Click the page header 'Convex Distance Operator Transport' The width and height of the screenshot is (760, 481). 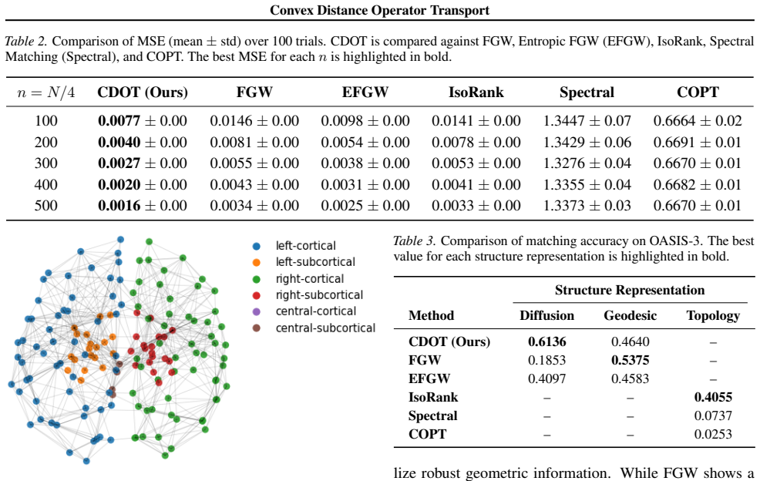coord(379,10)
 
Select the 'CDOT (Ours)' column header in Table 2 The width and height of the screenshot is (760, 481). coord(143,92)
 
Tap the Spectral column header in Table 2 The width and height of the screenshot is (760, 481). coord(587,92)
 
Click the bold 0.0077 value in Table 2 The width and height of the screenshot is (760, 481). coord(119,120)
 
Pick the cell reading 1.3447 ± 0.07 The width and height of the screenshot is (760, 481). coord(587,120)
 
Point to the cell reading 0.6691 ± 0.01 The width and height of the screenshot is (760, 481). coord(698,142)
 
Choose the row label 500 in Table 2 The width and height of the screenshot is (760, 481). coord(46,206)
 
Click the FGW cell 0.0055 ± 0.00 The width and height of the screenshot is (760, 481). coord(254,163)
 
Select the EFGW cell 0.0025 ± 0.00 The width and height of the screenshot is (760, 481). coord(365,206)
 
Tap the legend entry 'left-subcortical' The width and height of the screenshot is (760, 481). coord(315,262)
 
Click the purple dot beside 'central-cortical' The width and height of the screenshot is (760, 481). coord(257,311)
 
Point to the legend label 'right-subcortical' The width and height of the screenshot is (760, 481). coord(319,294)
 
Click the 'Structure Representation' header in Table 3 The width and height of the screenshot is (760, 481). coord(630,290)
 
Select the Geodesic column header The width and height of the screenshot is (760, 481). coord(630,316)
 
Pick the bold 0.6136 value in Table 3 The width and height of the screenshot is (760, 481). coord(546,341)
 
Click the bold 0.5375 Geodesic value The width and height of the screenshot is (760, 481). coord(630,360)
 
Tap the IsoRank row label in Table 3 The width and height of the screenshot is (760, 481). coord(433,397)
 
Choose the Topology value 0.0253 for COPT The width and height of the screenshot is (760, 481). coord(713,434)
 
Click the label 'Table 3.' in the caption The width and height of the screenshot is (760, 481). coord(415,241)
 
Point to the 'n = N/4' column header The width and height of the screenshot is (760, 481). coord(46,92)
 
